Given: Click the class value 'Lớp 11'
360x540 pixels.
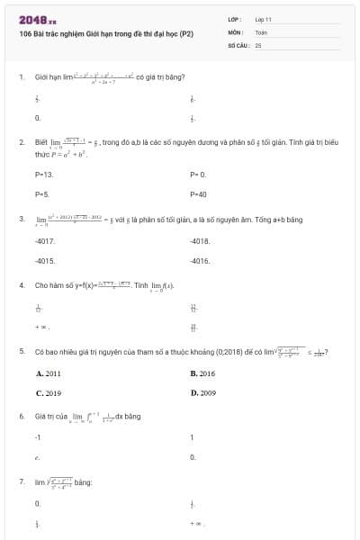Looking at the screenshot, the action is [264, 19].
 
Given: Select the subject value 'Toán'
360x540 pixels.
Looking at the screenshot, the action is [261, 31].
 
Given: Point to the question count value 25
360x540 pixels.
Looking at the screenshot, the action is [258, 44].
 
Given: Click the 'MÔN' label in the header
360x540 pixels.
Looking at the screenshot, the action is [236, 31].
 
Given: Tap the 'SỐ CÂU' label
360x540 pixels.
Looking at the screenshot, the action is [238, 44].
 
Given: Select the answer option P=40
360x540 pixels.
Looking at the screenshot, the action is [199, 193].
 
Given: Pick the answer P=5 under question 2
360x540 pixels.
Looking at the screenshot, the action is [41, 193].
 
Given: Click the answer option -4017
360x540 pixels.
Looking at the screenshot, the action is [44, 241].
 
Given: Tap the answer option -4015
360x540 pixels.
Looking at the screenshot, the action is [44, 261].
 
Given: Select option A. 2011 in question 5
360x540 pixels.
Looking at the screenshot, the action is [49, 373].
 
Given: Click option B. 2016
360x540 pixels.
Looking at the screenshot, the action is [202, 373].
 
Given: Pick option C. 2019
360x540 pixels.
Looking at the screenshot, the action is [49, 393].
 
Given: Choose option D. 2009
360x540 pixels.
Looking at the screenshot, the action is [202, 393].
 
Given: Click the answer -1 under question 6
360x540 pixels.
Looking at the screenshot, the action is [38, 437].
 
